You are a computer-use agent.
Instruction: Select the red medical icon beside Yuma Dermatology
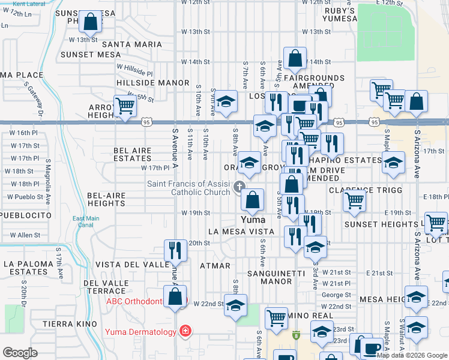185,331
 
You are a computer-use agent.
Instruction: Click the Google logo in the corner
20,353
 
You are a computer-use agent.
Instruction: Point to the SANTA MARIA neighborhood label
132,44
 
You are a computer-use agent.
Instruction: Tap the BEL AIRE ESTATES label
133,154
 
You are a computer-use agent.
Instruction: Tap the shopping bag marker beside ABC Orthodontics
175,297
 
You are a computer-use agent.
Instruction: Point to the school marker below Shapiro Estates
393,163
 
